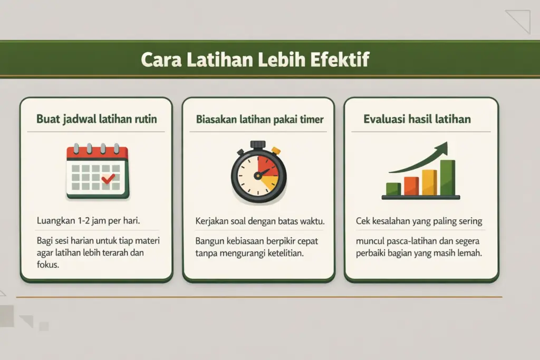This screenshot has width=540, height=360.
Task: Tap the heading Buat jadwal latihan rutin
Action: point(97,119)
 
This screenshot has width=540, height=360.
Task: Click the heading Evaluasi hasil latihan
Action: point(417,119)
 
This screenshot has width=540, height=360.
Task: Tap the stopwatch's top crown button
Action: point(258,144)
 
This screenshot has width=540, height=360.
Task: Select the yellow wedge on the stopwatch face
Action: point(269,183)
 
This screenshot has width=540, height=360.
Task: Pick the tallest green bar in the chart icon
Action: point(447,177)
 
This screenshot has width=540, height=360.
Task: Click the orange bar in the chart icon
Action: point(411,186)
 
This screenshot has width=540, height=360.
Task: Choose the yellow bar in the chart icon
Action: point(429,182)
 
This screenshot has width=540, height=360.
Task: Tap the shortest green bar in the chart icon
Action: point(393,189)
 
